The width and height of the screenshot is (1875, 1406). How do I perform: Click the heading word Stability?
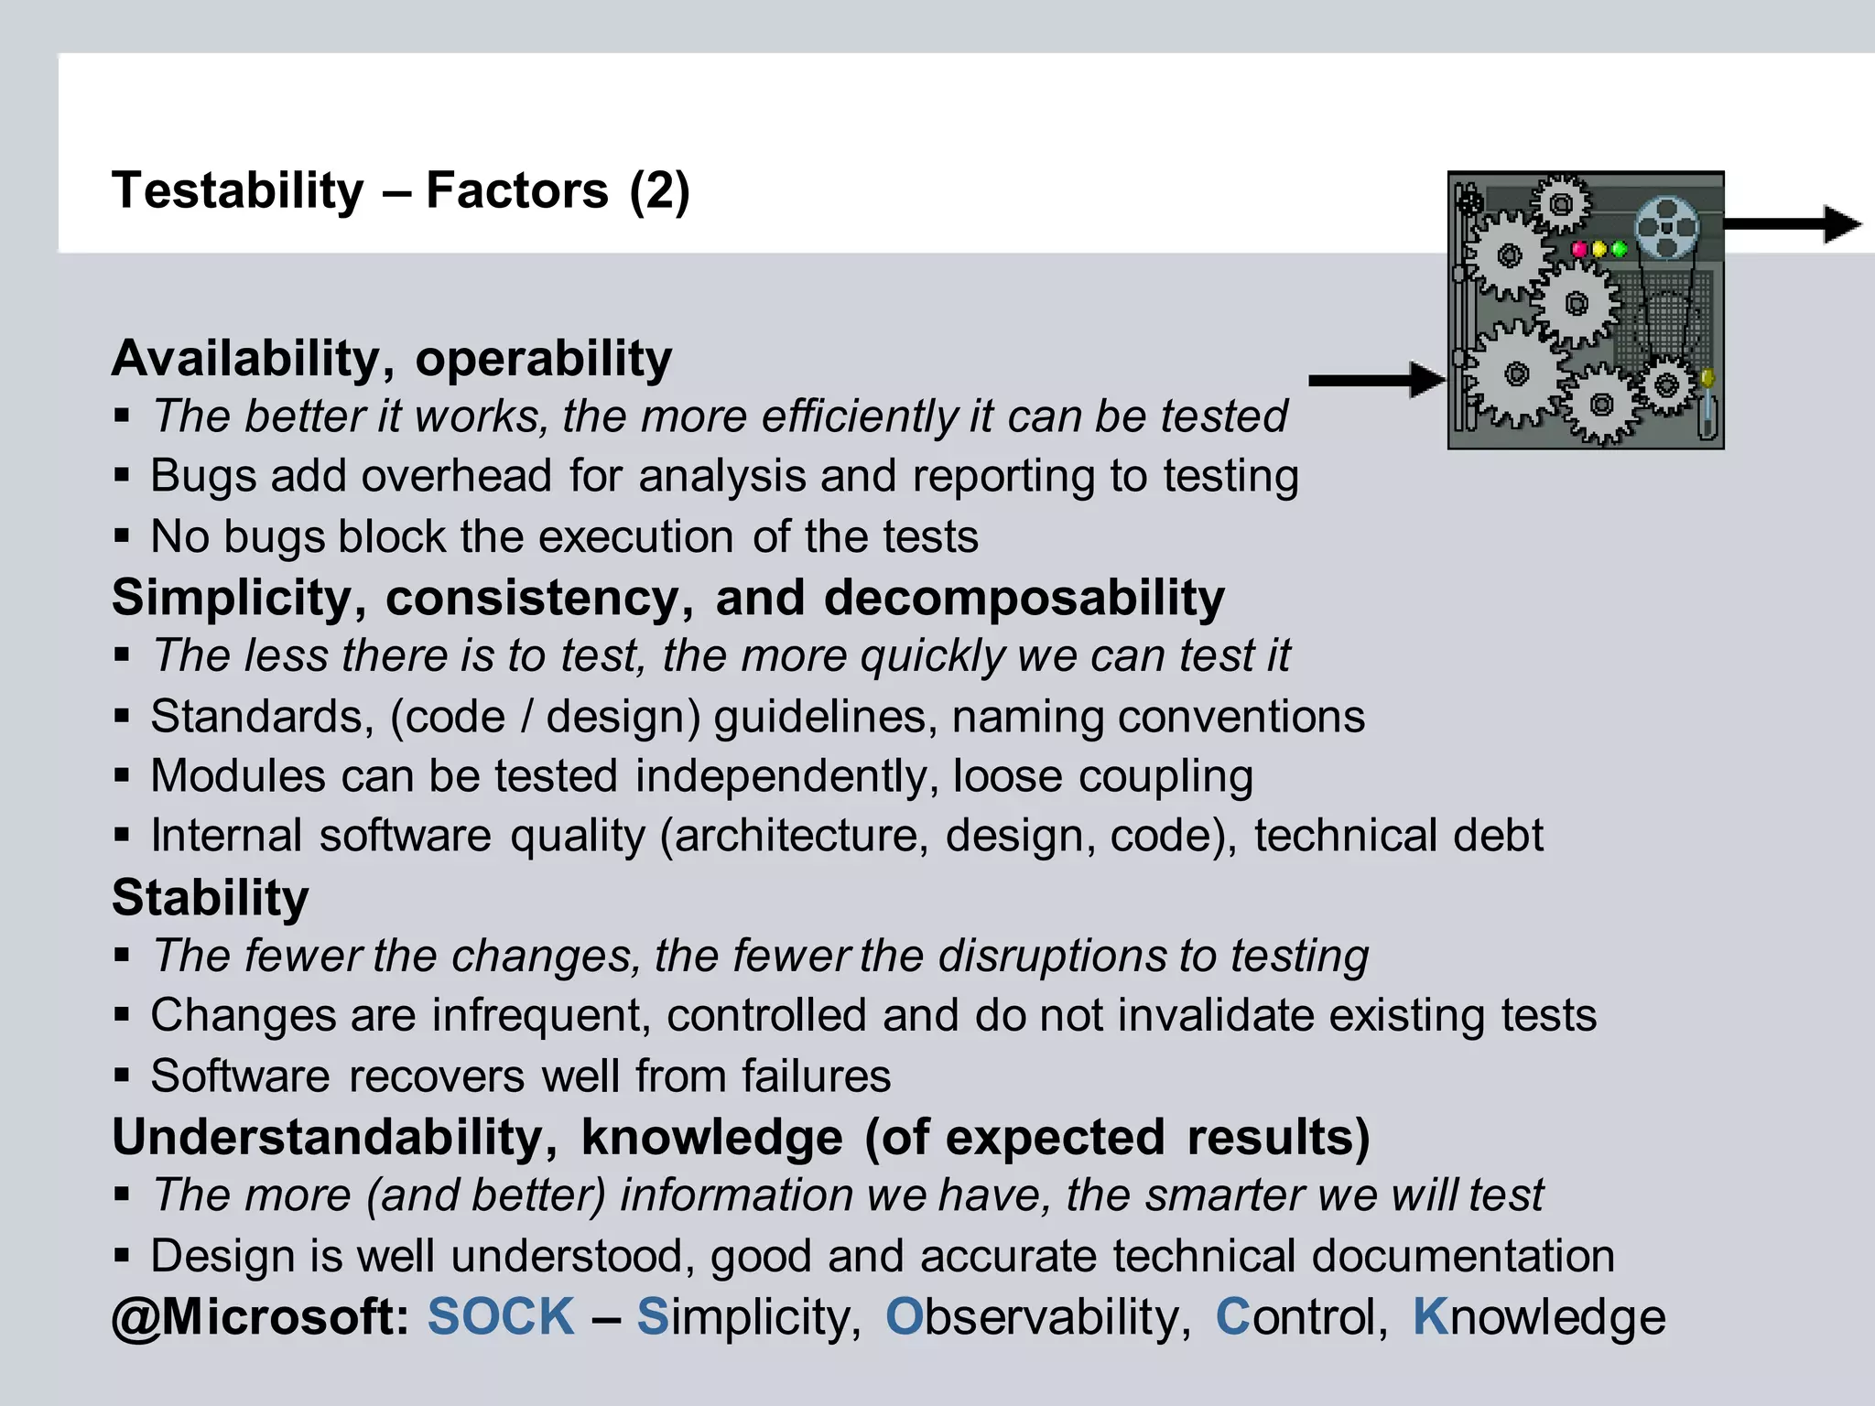click(x=211, y=897)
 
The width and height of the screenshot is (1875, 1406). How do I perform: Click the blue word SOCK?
click(x=501, y=1316)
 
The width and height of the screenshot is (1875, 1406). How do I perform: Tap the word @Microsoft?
click(x=260, y=1316)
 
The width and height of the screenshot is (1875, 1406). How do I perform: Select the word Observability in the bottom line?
click(x=1036, y=1316)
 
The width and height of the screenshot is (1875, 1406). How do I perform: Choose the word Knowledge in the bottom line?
click(x=1538, y=1316)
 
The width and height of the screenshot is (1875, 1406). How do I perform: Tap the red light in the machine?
click(x=1579, y=248)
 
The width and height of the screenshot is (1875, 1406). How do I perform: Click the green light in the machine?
click(x=1619, y=248)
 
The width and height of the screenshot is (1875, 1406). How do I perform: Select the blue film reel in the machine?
click(x=1666, y=227)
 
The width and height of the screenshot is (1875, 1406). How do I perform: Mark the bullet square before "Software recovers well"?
click(x=122, y=1075)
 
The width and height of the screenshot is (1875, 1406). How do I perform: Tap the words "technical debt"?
click(x=1398, y=836)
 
